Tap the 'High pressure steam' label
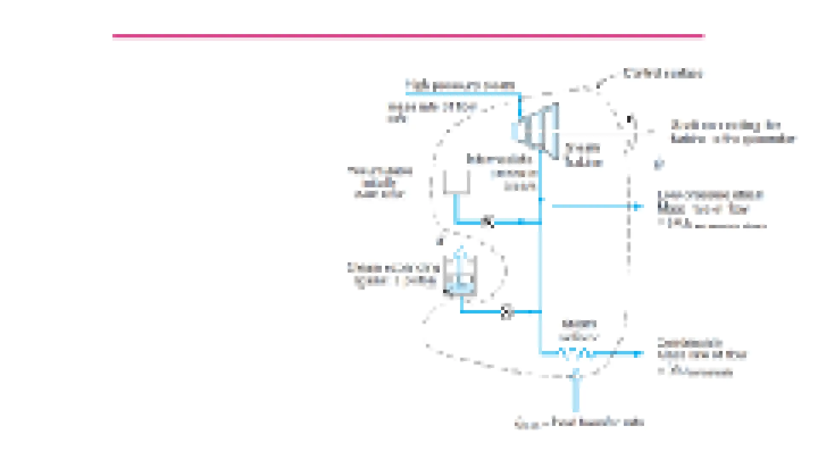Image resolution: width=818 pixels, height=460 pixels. pyautogui.click(x=460, y=85)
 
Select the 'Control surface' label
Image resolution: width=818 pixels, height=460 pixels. pyautogui.click(x=662, y=74)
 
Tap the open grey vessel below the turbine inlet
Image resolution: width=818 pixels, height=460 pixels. pyautogui.click(x=456, y=182)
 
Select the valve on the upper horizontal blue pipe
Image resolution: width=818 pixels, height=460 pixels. pyautogui.click(x=487, y=222)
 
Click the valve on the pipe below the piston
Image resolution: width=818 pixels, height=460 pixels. pyautogui.click(x=506, y=312)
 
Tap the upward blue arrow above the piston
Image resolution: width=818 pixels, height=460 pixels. pyautogui.click(x=460, y=256)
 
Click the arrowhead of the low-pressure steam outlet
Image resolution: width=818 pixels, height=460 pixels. pyautogui.click(x=637, y=207)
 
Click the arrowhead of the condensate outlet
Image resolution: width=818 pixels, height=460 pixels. pyautogui.click(x=638, y=354)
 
